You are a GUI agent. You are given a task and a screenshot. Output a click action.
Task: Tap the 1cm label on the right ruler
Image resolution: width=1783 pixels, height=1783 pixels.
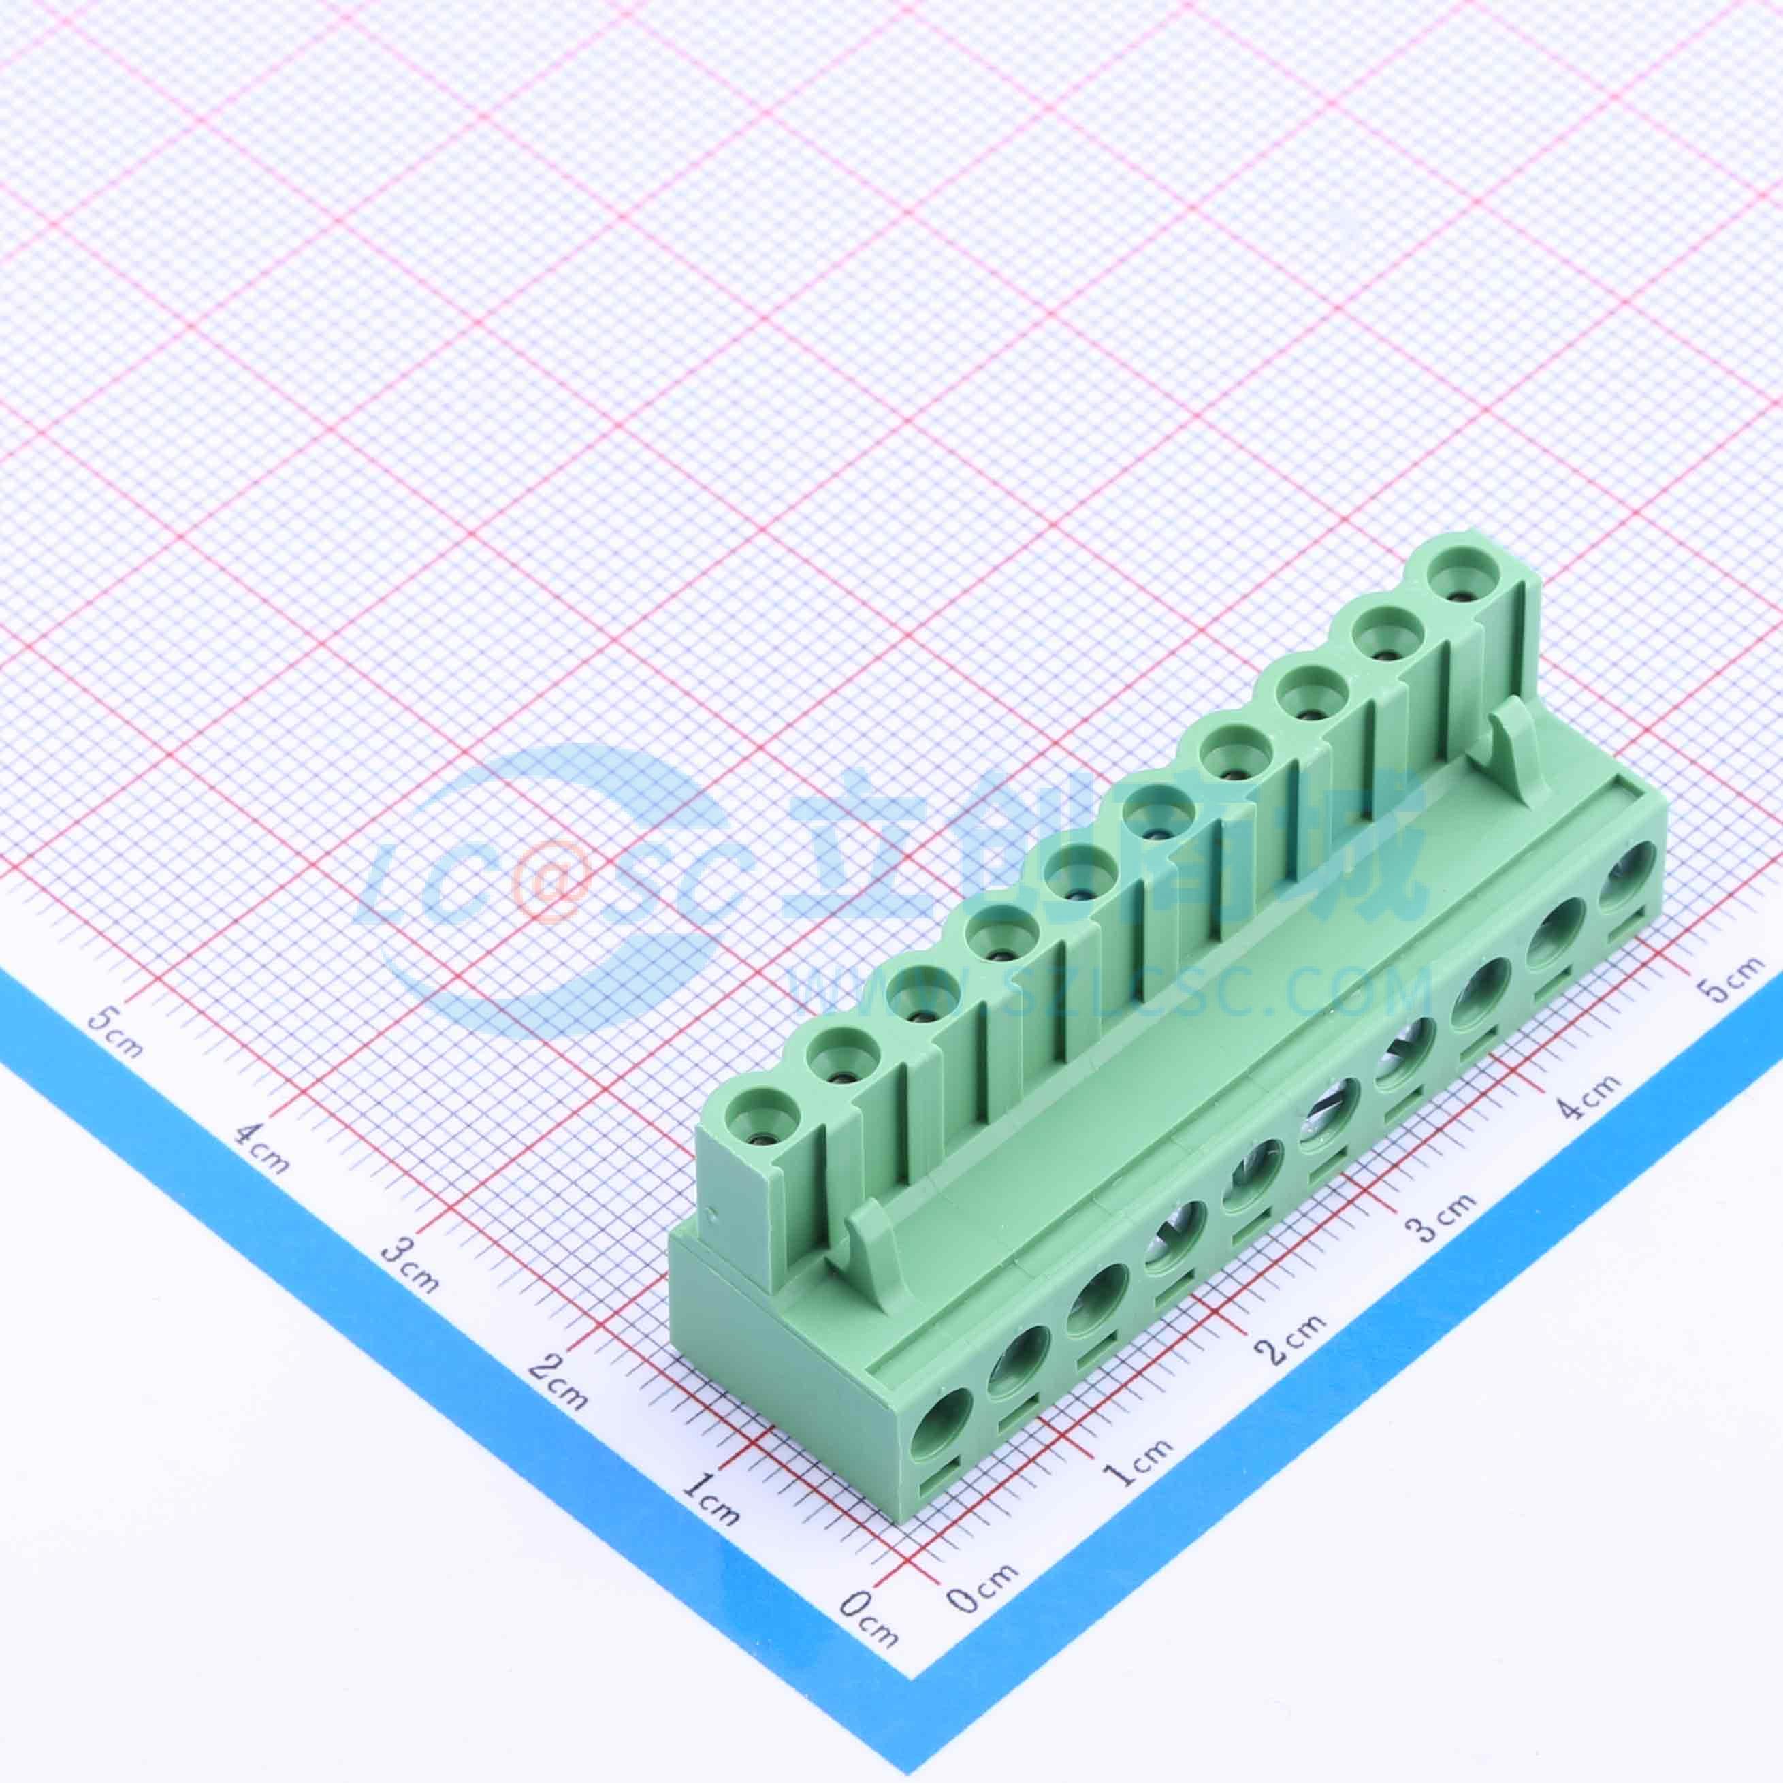(x=1136, y=1469)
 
